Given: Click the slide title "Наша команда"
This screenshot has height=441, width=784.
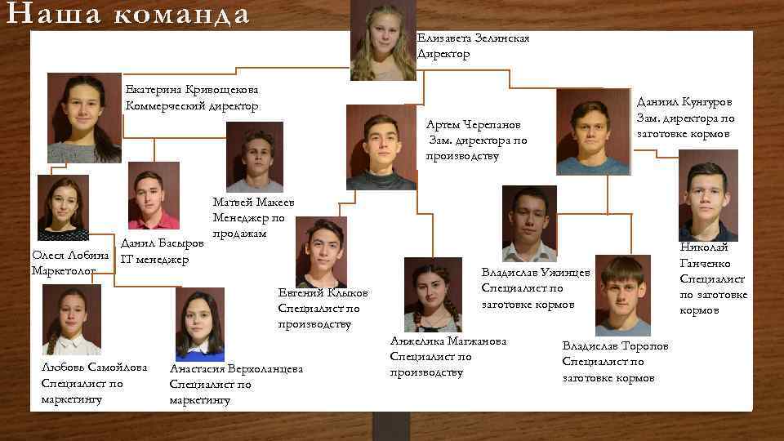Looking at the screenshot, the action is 126,15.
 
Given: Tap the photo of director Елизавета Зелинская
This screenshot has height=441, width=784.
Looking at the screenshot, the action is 383,41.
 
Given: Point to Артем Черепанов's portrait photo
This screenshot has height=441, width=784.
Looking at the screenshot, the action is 381,147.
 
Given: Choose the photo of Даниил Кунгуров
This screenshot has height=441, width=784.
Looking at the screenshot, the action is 593,131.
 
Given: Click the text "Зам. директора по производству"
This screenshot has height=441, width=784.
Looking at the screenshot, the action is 478,148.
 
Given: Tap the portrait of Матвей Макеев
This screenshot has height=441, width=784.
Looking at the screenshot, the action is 254,157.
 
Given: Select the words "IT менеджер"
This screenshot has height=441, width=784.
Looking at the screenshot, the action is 154,260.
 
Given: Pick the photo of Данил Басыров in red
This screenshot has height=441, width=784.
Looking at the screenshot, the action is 154,196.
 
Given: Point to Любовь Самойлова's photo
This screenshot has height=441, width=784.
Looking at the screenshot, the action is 72,319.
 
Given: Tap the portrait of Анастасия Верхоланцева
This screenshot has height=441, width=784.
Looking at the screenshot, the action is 199,324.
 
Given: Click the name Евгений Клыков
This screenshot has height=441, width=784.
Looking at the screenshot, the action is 323,292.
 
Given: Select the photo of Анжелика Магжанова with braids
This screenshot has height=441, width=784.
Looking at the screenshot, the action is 432,295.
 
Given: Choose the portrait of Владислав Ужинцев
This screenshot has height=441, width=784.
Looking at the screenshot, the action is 529,223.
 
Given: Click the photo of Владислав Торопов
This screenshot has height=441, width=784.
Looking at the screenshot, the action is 622,296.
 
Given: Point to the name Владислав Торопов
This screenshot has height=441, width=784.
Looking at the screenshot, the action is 615,346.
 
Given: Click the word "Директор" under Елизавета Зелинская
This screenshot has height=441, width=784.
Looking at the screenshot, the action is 443,54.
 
